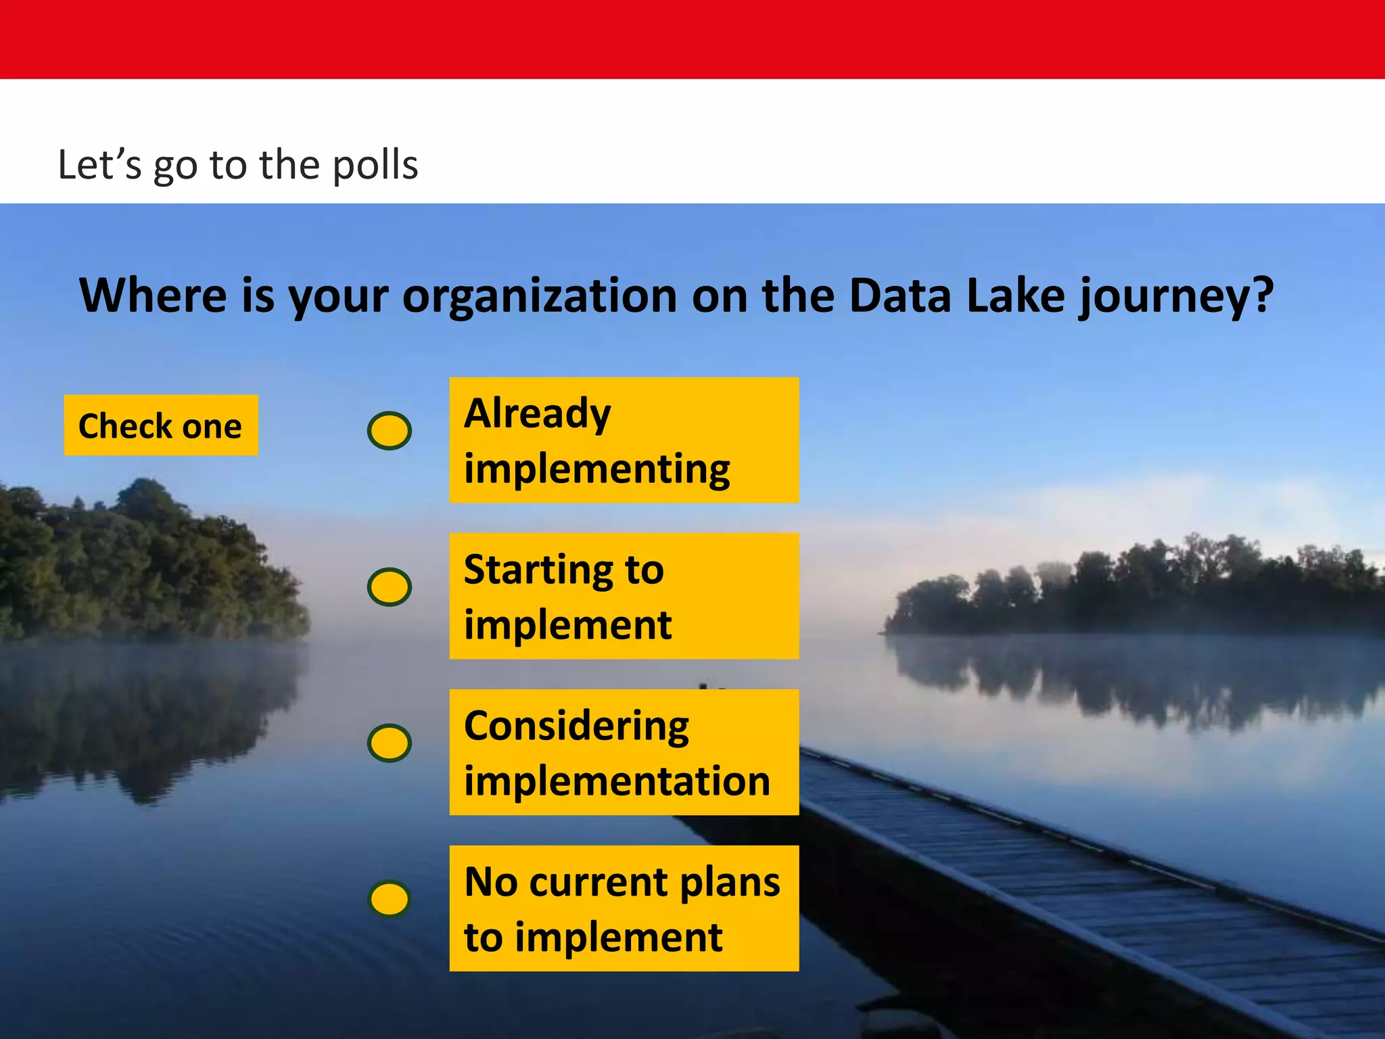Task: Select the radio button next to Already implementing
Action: (390, 431)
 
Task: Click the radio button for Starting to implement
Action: (390, 586)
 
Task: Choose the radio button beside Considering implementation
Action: (390, 743)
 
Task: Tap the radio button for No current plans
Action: (390, 899)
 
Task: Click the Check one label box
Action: (161, 425)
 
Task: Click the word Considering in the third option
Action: (576, 726)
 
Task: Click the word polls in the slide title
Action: (376, 165)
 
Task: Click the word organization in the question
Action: (540, 296)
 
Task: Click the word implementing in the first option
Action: (596, 469)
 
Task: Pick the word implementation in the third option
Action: (617, 781)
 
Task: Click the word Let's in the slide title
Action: (99, 165)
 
